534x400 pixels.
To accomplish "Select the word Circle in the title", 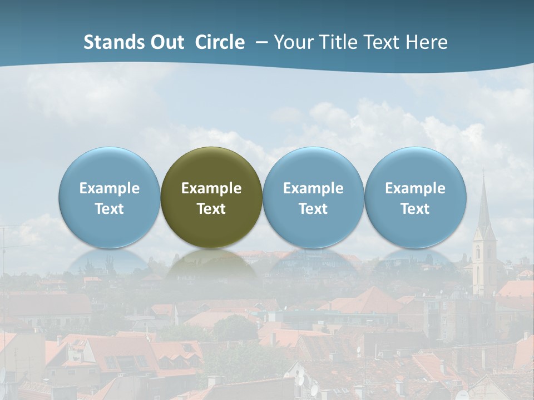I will [x=220, y=42].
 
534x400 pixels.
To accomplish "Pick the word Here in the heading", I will [x=428, y=42].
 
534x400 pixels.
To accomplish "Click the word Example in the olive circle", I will [x=211, y=188].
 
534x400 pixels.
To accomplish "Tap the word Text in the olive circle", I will [x=211, y=209].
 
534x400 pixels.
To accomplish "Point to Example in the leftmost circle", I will [x=109, y=188].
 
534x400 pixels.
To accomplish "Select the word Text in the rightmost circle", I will [x=416, y=209].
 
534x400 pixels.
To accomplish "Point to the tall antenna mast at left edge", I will [x=4, y=250].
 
